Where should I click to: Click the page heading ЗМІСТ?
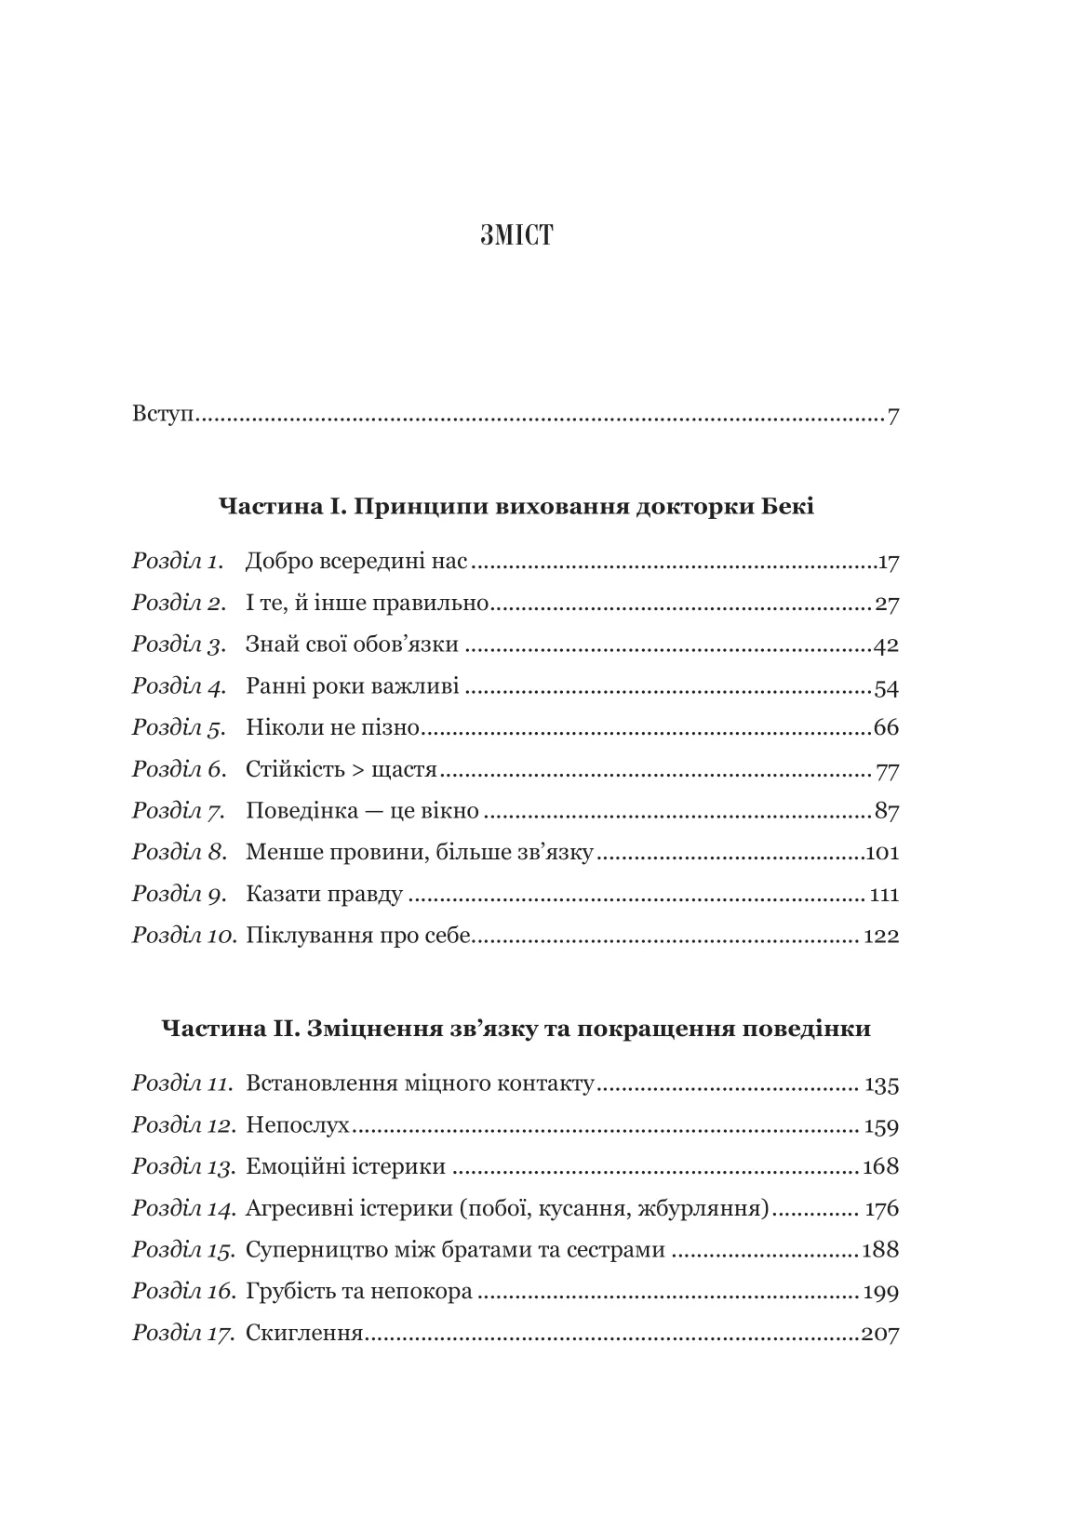(516, 236)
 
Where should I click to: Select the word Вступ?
(162, 413)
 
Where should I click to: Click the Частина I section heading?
(516, 507)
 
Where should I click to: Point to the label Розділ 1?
(178, 562)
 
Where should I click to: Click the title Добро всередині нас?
(355, 562)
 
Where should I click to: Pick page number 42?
(886, 645)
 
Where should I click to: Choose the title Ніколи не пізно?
(333, 728)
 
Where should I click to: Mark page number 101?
(882, 853)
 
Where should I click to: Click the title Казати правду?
(324, 895)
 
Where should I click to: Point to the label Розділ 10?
(184, 936)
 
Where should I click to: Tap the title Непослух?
(298, 1126)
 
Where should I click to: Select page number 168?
(880, 1167)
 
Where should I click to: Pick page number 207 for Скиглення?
(880, 1335)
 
